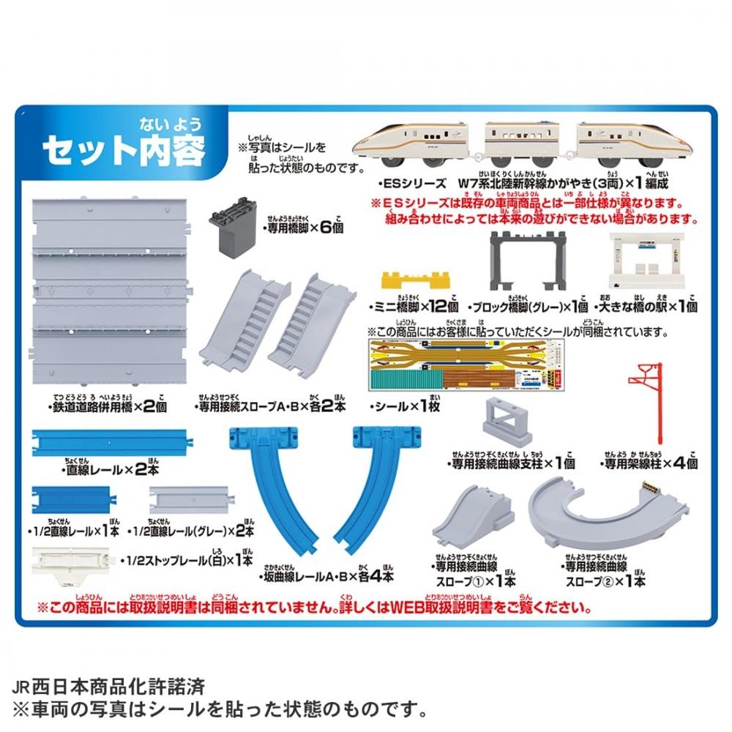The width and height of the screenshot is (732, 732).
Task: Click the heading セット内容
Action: pyautogui.click(x=124, y=149)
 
